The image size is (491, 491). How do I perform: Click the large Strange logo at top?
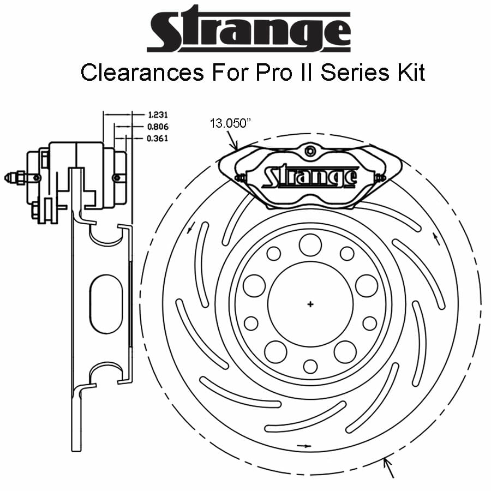pyautogui.click(x=248, y=30)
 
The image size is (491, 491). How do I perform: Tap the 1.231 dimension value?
pyautogui.click(x=158, y=115)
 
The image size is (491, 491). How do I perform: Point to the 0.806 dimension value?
pyautogui.click(x=158, y=127)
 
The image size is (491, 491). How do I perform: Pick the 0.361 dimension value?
pyautogui.click(x=158, y=138)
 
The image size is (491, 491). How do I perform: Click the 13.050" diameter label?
pyautogui.click(x=230, y=123)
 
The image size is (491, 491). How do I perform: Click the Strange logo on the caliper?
pyautogui.click(x=310, y=177)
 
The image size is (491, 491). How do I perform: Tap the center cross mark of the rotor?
pyautogui.click(x=310, y=304)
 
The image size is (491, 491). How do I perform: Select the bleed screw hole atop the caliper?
pyautogui.click(x=310, y=151)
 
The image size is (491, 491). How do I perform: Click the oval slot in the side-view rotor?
pyautogui.click(x=106, y=303)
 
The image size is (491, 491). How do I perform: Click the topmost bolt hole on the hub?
pyautogui.click(x=310, y=244)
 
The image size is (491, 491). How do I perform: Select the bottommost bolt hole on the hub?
pyautogui.click(x=310, y=367)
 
